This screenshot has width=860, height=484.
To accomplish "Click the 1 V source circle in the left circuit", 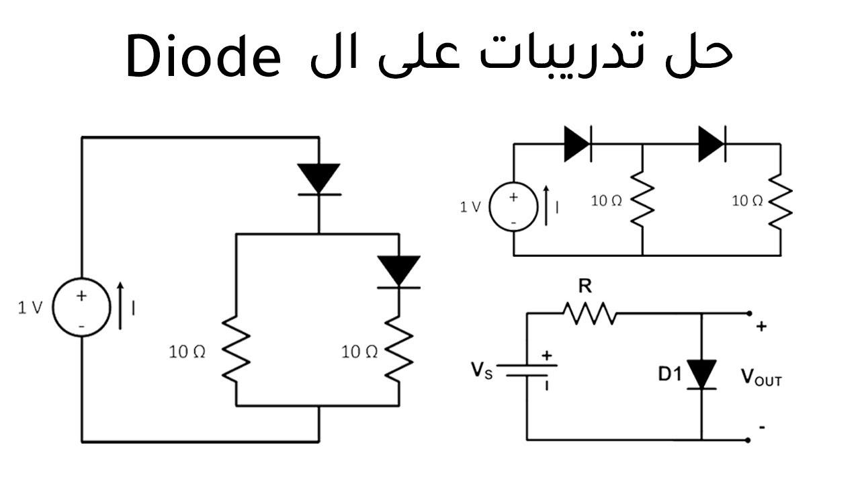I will tap(81, 308).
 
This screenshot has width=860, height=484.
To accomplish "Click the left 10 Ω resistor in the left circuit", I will tap(236, 351).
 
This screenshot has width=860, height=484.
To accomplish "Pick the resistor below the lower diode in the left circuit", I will tap(398, 351).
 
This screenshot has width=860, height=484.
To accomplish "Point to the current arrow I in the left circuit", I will tap(121, 307).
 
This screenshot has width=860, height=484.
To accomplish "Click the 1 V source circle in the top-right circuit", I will tap(513, 208).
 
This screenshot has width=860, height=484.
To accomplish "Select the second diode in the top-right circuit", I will tap(712, 143).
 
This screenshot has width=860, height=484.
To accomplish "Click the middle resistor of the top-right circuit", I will tap(643, 200).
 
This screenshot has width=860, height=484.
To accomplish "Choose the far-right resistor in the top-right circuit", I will tap(781, 200).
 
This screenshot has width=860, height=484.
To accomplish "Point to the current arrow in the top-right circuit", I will tap(547, 204).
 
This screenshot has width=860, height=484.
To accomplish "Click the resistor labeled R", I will tap(589, 313).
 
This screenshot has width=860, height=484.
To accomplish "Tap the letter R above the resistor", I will tap(585, 287).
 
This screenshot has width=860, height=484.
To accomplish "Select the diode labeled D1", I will tap(701, 374).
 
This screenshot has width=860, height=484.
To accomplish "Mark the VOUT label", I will tap(761, 377).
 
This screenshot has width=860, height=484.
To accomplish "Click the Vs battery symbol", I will tap(527, 371).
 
